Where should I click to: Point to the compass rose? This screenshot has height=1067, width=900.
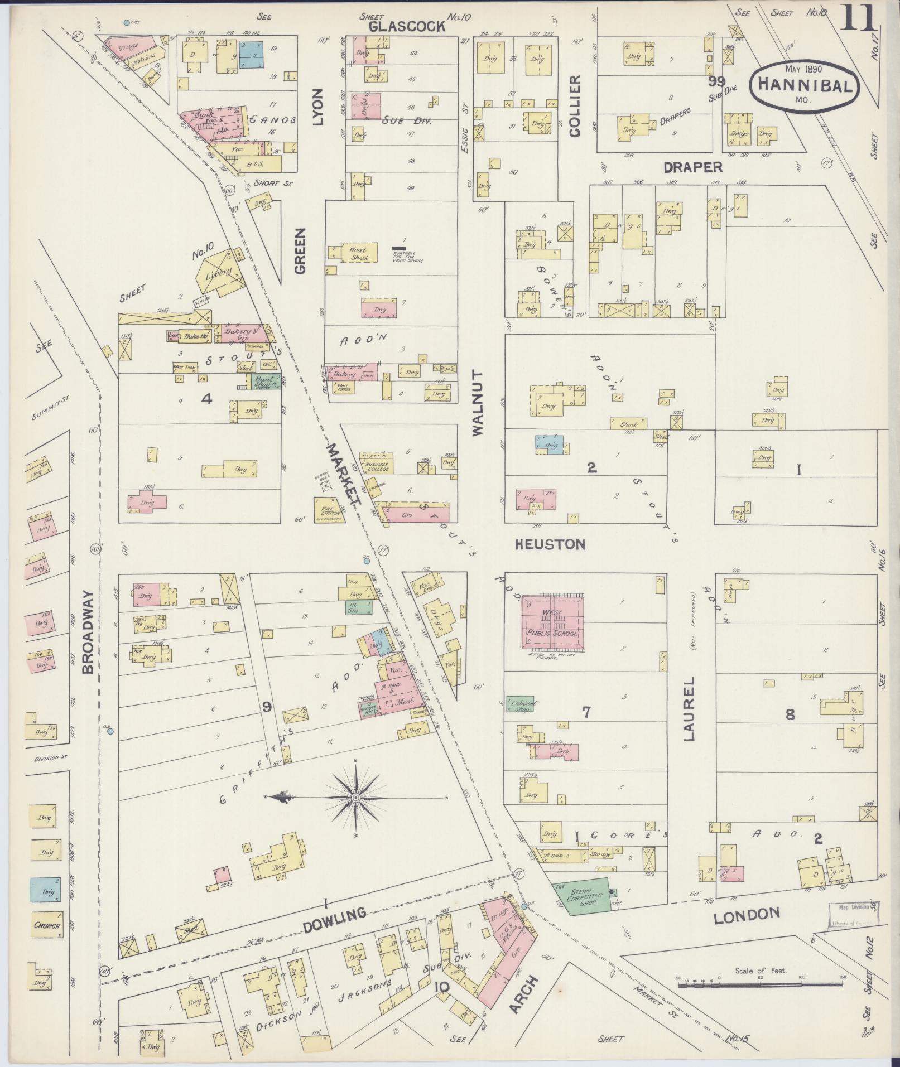pyautogui.click(x=355, y=799)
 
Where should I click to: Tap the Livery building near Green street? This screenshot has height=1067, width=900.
pyautogui.click(x=219, y=274)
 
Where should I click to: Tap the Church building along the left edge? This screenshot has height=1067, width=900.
pyautogui.click(x=47, y=925)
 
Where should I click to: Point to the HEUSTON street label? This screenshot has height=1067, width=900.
pyautogui.click(x=550, y=544)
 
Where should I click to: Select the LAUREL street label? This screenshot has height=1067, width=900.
pyautogui.click(x=690, y=708)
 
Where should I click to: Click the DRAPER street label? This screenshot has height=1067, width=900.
pyautogui.click(x=693, y=167)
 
